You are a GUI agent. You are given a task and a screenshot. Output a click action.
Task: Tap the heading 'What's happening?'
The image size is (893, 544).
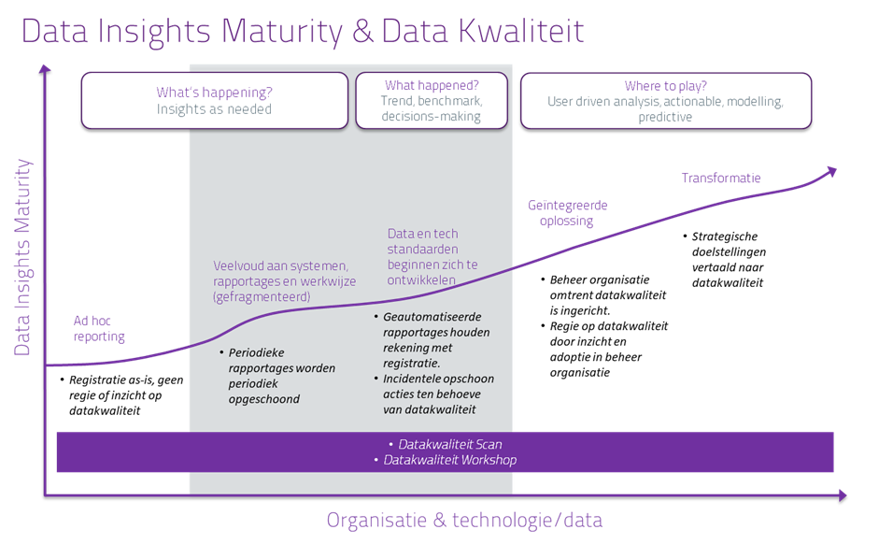214,92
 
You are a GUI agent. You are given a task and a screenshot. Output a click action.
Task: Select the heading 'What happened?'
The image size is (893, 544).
431,84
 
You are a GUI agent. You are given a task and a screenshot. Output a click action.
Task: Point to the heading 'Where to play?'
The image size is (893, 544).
665,86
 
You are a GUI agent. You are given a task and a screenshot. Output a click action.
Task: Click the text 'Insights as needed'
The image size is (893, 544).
214,108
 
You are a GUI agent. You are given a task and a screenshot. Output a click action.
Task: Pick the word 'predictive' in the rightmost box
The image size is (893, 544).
665,117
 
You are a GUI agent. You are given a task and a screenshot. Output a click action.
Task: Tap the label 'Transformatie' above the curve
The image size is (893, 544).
720,178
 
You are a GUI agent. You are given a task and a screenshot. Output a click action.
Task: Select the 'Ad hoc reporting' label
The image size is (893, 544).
99,328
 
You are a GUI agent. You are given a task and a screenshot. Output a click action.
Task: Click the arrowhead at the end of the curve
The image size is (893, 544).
830,170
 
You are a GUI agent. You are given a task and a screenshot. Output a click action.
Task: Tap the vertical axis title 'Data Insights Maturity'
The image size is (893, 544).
22,257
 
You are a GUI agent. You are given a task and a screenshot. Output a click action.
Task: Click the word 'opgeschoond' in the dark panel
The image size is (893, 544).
263,399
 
